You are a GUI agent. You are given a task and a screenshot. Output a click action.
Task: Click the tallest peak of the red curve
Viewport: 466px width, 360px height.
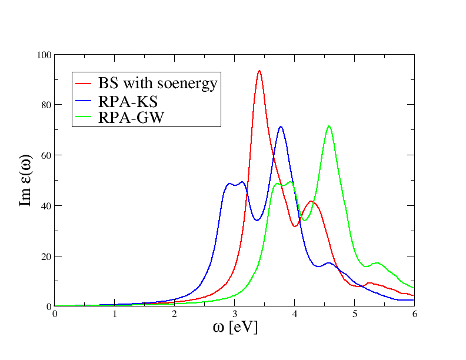point(259,71)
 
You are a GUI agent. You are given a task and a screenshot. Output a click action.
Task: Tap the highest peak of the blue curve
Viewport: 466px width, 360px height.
point(281,126)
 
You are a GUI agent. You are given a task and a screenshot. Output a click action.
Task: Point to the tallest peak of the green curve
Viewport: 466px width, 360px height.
point(329,126)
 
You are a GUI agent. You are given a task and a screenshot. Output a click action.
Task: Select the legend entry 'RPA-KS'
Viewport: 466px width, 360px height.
point(128,101)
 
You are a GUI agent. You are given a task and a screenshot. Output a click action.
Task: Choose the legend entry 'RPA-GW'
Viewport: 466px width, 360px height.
point(131,118)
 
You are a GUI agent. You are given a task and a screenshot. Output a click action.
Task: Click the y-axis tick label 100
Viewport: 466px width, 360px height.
point(45,55)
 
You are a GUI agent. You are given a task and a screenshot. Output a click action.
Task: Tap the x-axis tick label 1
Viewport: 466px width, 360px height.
point(115,314)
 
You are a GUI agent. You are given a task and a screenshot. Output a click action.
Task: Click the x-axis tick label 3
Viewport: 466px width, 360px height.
point(235,314)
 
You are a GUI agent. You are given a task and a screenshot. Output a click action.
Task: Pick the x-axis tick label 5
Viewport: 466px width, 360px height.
point(354,314)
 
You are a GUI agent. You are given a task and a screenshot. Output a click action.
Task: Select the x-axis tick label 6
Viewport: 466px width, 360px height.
point(414,314)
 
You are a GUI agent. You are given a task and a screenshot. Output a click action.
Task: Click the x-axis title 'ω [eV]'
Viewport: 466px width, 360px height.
point(235,327)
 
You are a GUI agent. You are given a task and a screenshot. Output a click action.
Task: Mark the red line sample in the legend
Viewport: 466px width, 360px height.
point(85,84)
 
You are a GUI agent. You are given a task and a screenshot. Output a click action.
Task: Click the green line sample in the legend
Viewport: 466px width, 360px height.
point(85,118)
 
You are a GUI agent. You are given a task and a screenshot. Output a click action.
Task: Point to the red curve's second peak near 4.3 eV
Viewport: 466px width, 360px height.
point(311,201)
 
